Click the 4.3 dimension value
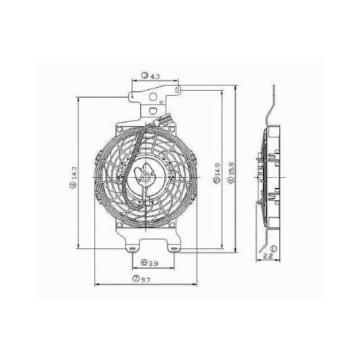point(156,75)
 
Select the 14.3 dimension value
point(73,174)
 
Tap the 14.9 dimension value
point(217,174)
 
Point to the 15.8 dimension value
point(229,174)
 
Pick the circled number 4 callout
point(73,186)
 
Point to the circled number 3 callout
point(145,75)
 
